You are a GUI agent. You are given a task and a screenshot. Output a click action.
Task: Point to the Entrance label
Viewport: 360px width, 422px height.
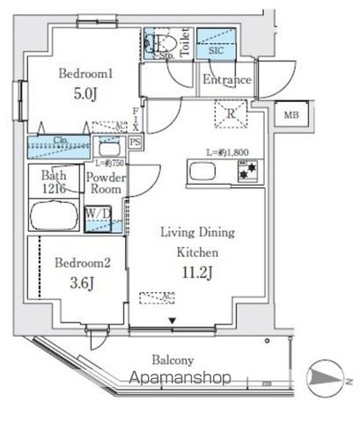226,81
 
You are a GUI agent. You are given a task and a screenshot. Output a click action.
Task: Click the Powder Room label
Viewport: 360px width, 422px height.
107,182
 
